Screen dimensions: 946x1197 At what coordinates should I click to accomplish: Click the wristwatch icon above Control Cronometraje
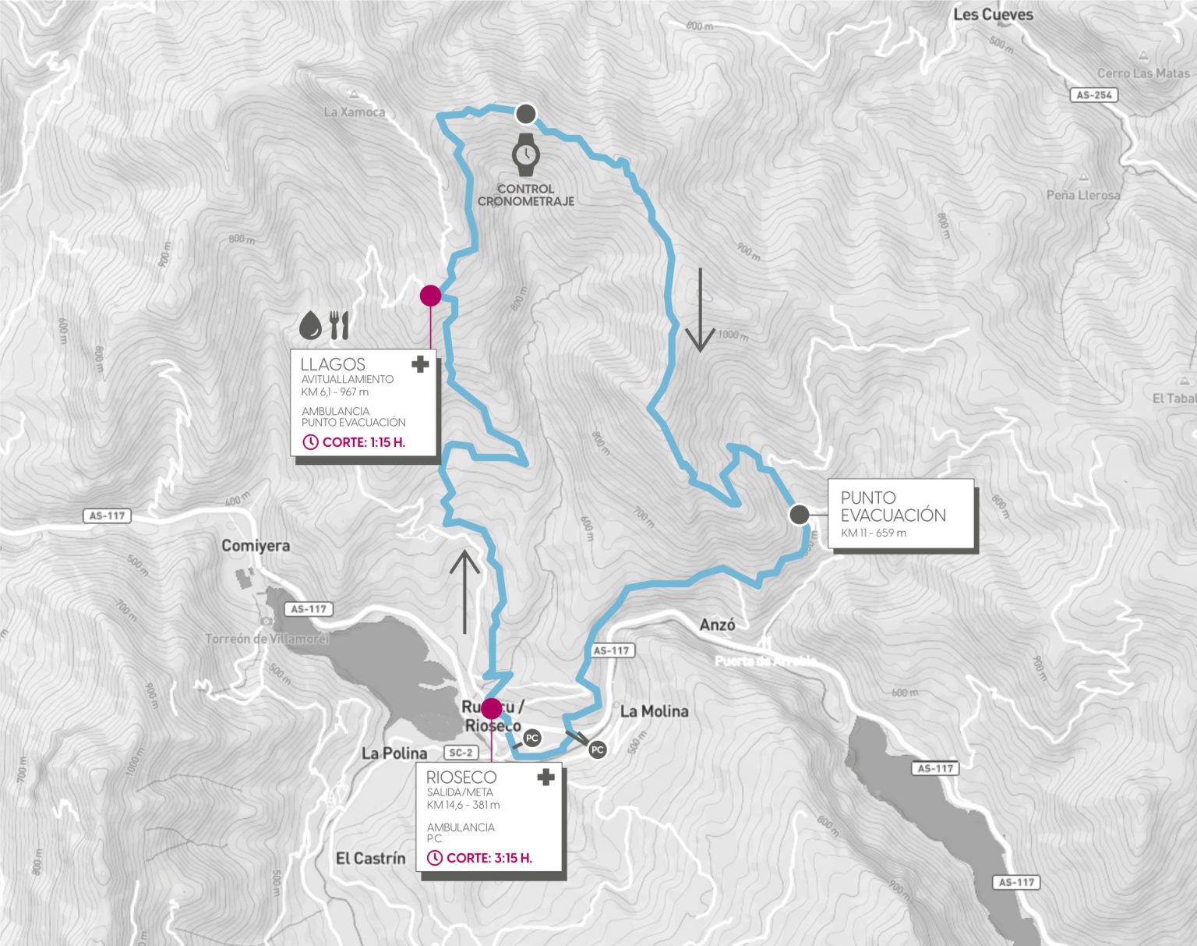(x=526, y=154)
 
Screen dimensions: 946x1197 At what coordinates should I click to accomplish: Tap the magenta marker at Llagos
(x=430, y=295)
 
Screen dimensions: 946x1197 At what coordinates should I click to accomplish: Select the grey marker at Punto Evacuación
(x=799, y=515)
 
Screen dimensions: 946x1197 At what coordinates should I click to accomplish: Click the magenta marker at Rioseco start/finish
(x=492, y=708)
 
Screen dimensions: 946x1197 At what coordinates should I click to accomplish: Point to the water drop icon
(x=311, y=325)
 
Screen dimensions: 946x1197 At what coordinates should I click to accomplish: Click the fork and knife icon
(x=339, y=325)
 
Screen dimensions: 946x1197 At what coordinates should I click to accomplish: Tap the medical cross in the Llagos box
(x=421, y=364)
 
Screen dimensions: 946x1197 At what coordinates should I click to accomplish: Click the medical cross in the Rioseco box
(x=546, y=777)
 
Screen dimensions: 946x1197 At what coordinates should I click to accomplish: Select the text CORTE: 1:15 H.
(x=364, y=442)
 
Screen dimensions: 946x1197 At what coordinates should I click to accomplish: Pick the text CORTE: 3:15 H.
(x=489, y=858)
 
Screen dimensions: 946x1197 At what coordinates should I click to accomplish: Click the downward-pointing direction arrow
(x=700, y=310)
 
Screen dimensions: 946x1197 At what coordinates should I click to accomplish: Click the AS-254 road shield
(x=1094, y=95)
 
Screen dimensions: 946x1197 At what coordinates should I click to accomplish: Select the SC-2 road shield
(x=461, y=753)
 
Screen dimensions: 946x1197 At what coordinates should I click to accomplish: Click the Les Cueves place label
(x=993, y=15)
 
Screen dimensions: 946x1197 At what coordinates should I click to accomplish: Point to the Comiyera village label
(x=256, y=546)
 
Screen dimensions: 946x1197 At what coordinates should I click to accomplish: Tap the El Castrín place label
(x=371, y=859)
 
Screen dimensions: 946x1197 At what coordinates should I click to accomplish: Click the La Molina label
(x=655, y=711)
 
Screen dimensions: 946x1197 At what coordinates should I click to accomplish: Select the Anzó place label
(x=717, y=625)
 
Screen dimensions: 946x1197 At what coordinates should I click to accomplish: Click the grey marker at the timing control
(x=526, y=114)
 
